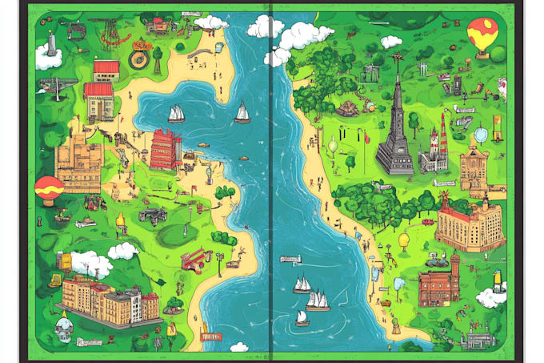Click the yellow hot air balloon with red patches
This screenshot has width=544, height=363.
481,36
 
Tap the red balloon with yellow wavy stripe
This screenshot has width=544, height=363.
49,189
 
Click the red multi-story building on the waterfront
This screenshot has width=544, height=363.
166,149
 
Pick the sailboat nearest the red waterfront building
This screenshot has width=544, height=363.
176,114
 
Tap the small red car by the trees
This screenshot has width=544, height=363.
428,222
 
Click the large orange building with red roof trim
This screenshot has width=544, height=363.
470,225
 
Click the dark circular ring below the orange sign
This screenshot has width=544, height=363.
139,58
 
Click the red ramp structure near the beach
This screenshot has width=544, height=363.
194,258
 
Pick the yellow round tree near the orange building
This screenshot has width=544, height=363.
404,239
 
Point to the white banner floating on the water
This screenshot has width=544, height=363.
290,259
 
